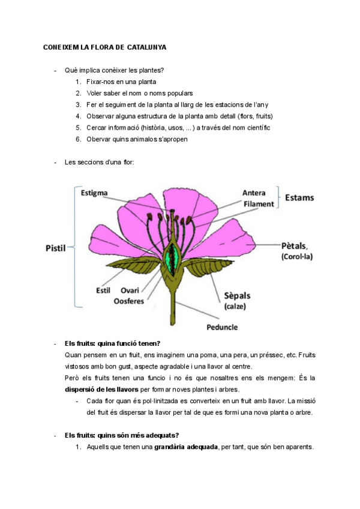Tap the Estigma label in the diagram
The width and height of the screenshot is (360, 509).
pos(94,193)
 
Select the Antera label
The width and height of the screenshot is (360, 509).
pos(254,193)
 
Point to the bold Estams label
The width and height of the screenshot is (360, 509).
pos(299,197)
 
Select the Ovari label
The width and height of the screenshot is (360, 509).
pos(130,290)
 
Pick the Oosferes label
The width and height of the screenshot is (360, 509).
pos(129,301)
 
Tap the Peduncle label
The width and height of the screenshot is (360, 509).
pos(222,327)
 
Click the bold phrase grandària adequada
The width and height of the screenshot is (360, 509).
pos(186,447)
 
